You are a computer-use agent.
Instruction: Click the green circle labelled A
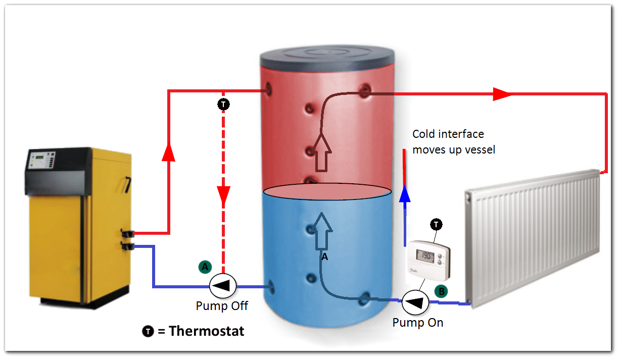(204, 267)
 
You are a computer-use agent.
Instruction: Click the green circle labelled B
(441, 292)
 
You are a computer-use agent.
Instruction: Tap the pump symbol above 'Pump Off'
(223, 286)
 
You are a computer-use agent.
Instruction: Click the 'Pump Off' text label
(222, 306)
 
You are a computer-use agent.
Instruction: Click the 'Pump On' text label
(417, 323)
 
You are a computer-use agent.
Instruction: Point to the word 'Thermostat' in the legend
(206, 331)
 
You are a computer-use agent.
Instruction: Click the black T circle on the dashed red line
(223, 105)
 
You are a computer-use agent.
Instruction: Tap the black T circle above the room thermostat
(436, 224)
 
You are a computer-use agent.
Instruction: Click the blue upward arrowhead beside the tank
(404, 194)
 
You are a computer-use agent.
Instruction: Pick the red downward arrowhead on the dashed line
(223, 195)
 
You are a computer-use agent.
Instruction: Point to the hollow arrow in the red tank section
(321, 151)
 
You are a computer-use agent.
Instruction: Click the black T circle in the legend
(147, 332)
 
